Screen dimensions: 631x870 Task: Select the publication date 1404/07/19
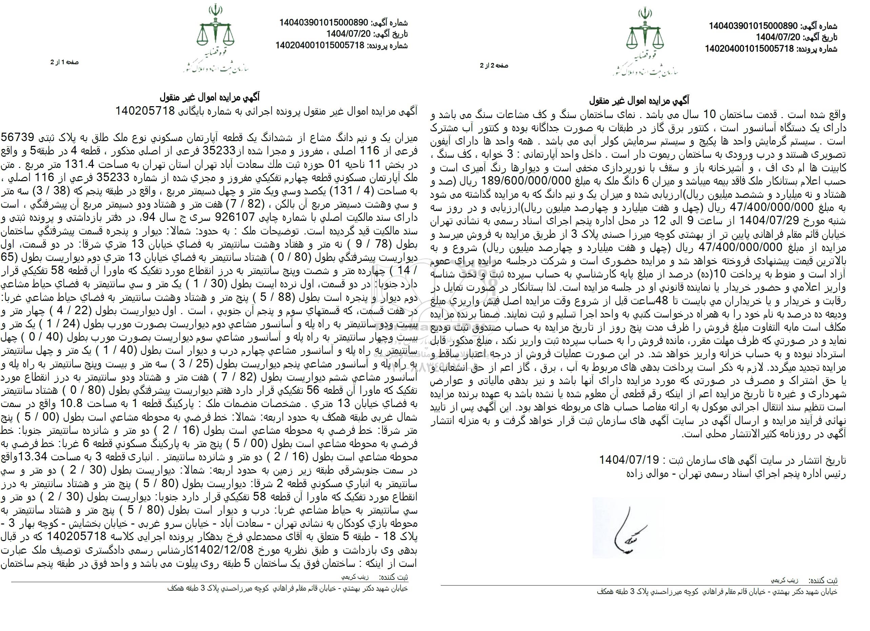click(x=629, y=460)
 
